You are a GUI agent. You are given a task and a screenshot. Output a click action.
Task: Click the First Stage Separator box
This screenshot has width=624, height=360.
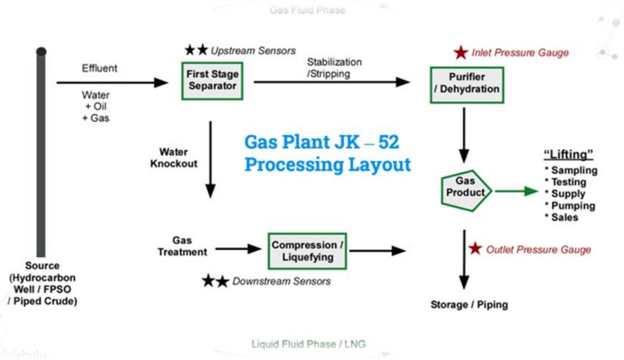[x=212, y=80]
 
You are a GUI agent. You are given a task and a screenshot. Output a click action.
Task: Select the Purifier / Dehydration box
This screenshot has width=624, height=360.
[x=466, y=83]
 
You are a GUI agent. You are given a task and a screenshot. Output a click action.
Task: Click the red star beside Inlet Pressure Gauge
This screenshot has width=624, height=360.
[x=461, y=53]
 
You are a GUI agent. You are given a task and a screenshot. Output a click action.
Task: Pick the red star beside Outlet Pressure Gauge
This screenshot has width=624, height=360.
[x=475, y=248]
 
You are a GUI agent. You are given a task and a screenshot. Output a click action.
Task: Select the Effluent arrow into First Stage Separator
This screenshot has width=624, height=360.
[x=112, y=83]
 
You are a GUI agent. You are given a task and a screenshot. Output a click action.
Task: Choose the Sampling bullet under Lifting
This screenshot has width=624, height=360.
[x=571, y=170]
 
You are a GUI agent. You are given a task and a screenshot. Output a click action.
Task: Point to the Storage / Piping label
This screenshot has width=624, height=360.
[x=469, y=304]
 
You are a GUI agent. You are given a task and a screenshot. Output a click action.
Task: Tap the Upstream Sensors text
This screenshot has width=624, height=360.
[x=253, y=51]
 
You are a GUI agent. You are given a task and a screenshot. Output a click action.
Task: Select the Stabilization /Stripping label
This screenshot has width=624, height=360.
[x=334, y=67]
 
